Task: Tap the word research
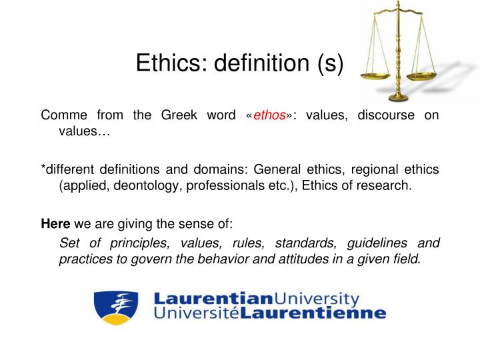[386, 185]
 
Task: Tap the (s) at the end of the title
[328, 65]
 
